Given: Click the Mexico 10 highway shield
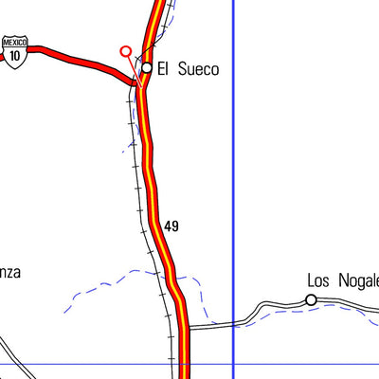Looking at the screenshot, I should tap(14, 49).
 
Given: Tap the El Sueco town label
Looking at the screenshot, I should tap(188, 68).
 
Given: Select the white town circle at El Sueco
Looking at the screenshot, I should tap(147, 67).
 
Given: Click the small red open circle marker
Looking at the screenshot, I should tap(125, 51).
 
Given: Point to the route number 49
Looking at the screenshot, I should tap(171, 226).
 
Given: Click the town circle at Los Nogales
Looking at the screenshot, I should tap(311, 300).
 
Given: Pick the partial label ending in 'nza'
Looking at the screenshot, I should tap(9, 272).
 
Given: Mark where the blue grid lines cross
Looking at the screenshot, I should tap(233, 364).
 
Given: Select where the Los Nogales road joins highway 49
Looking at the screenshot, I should tap(187, 327).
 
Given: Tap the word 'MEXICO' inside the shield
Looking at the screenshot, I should tap(14, 43).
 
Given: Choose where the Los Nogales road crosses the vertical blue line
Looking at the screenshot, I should tap(233, 322).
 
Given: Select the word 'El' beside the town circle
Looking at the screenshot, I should tap(163, 68).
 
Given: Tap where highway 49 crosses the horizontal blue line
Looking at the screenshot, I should tap(186, 364).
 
